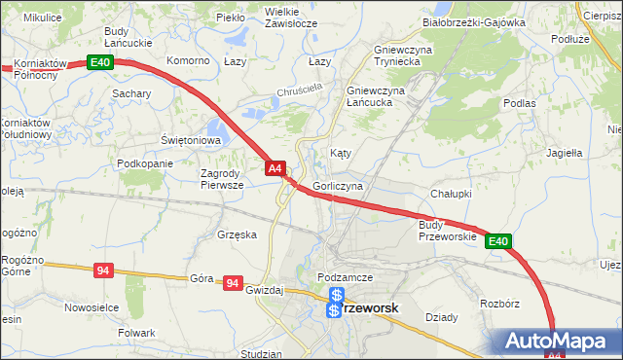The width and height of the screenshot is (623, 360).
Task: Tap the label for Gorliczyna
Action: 339,185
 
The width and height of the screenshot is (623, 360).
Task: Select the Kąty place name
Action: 340,154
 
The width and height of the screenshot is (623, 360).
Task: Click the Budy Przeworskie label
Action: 447,231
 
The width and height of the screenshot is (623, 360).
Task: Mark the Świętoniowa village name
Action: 192,140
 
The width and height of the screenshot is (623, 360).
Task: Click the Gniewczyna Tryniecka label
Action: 383,54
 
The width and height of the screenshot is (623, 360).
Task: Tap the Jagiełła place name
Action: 564,153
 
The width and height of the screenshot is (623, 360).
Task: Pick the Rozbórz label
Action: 499,304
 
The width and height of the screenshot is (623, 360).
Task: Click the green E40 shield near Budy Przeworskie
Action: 498,241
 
